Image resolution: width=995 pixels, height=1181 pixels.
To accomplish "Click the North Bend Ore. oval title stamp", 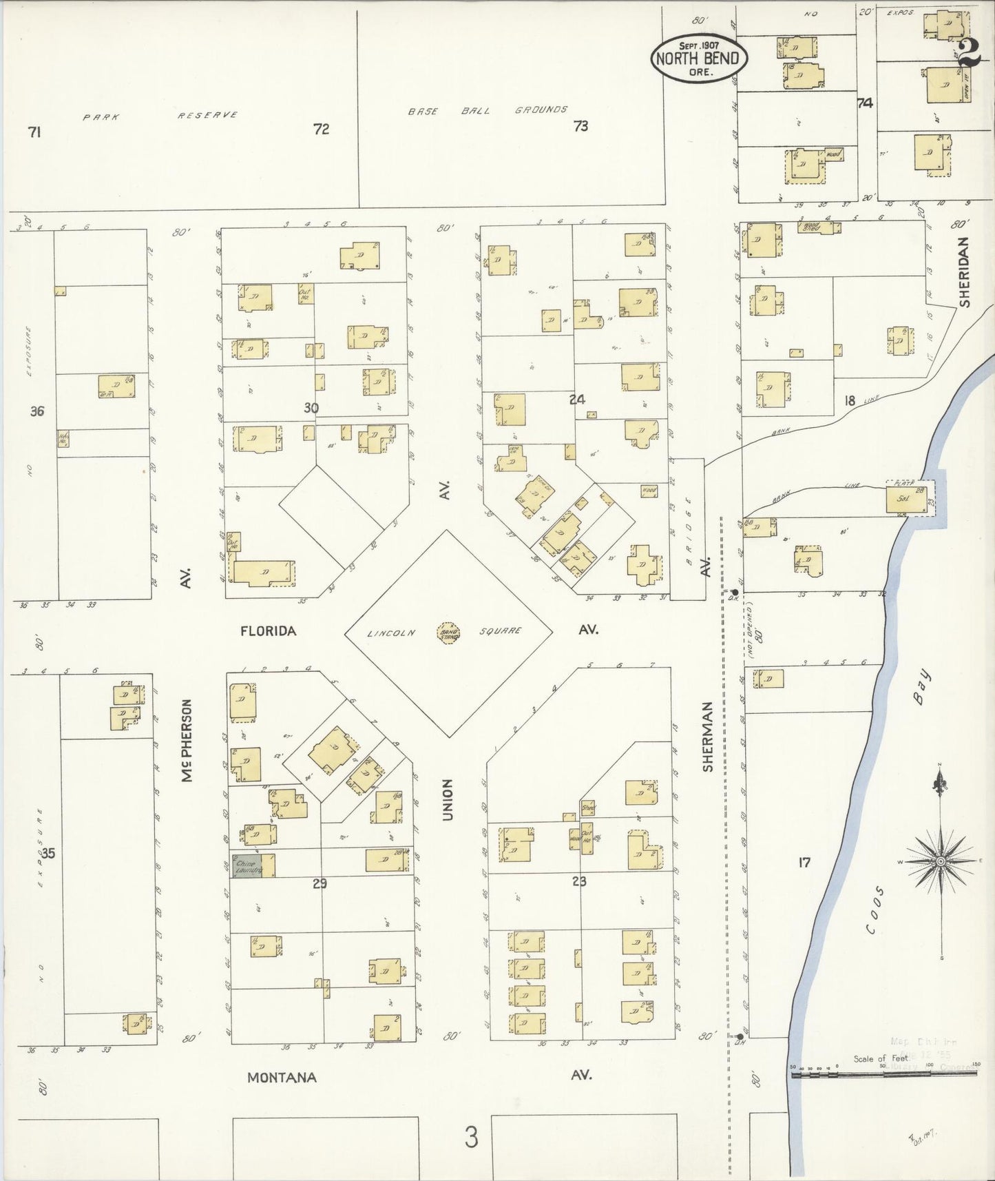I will [699, 58].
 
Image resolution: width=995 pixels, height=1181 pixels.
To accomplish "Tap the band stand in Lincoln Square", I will [449, 631].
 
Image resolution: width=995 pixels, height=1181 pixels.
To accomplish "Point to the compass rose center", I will [940, 862].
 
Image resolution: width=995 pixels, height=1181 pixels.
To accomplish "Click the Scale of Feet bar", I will [885, 1087].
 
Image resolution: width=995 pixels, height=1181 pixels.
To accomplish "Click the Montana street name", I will [282, 1077].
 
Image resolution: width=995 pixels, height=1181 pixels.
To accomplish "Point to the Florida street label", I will [268, 630].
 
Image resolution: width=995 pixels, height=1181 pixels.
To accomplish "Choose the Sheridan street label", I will [964, 272].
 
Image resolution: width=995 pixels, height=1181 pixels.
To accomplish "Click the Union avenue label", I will [448, 800].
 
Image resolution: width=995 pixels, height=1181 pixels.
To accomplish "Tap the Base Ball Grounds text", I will [488, 110].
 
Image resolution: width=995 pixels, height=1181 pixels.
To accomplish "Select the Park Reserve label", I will [160, 116].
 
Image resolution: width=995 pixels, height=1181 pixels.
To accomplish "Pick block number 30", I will [311, 408].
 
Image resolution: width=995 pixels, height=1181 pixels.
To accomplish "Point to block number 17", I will [804, 861].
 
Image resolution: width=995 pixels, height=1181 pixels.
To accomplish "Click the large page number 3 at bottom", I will [470, 1138].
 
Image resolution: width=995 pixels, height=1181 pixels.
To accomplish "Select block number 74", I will [865, 103].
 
